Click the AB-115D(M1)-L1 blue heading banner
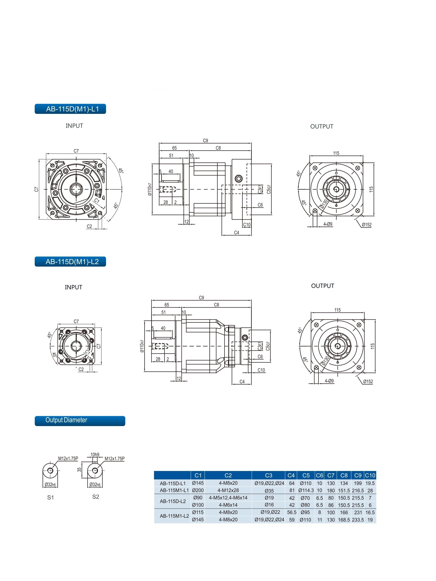[70, 109]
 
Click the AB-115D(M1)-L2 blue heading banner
[70, 262]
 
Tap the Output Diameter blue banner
[80, 420]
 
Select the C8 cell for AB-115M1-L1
[344, 491]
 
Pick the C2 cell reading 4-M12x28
[228, 490]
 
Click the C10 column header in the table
[370, 475]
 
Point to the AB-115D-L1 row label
[172, 483]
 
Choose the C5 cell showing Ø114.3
[306, 491]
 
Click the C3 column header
[269, 475]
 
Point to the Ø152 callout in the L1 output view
[366, 225]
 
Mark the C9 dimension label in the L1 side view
[205, 140]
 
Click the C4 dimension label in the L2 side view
[242, 381]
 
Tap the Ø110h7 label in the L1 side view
[150, 189]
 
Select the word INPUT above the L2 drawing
[73, 287]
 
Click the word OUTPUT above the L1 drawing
[321, 127]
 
